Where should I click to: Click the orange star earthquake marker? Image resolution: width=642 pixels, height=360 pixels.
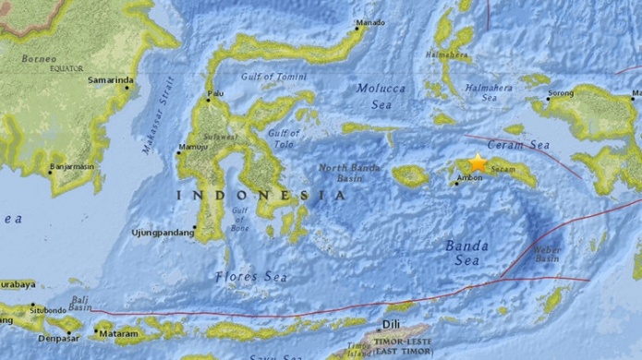pos(478,161)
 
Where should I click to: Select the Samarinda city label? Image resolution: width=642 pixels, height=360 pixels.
pos(109,80)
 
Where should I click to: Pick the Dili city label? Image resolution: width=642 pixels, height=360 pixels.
pos(392,324)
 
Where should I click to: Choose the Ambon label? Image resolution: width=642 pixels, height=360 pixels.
pos(470,178)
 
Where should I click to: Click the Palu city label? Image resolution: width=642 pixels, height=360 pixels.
pos(215,94)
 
